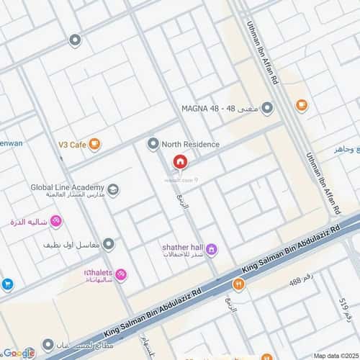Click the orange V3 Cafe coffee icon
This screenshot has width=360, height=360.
pyautogui.click(x=95, y=145)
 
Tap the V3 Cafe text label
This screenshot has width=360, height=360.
pyautogui.click(x=73, y=145)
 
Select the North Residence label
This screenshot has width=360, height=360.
pyautogui.click(x=191, y=144)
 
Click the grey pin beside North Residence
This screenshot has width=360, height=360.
pyautogui.click(x=153, y=144)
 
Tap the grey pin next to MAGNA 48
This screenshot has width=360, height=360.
pyautogui.click(x=268, y=109)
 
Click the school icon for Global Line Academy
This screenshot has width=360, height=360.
pyautogui.click(x=114, y=190)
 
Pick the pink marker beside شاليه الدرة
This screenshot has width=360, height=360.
pyautogui.click(x=57, y=222)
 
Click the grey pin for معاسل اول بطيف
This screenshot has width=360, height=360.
pyautogui.click(x=109, y=244)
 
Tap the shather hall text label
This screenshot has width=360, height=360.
pyautogui.click(x=182, y=246)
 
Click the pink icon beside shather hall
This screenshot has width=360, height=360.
pyautogui.click(x=212, y=250)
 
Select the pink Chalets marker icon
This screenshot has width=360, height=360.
pyautogui.click(x=121, y=274)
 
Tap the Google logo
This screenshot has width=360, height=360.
pyautogui.click(x=19, y=353)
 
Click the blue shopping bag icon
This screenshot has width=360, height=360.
pyautogui.click(x=6, y=284)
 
